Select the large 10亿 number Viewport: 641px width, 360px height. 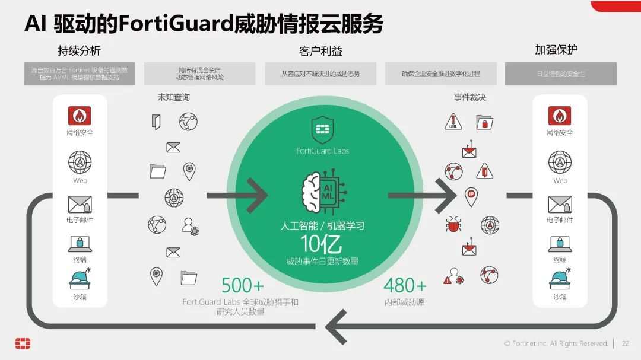tap(322, 244)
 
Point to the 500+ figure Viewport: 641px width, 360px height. tap(242, 285)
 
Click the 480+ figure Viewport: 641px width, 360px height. tap(405, 285)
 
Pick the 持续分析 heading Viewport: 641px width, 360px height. tap(79, 50)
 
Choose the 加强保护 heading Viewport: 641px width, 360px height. tap(556, 50)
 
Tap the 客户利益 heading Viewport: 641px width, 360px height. tap(320, 51)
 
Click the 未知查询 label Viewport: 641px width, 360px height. tap(173, 97)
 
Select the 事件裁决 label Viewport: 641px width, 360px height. tap(470, 97)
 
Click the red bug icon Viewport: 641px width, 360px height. tap(454, 224)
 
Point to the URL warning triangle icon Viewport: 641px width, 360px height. tap(453, 122)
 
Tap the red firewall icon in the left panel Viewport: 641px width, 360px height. tap(79, 115)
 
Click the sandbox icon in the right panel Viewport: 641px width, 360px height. tap(560, 279)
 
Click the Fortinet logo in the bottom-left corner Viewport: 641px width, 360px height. tap(23, 343)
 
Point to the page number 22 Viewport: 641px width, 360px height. tap(625, 343)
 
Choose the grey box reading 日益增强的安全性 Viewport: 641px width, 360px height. tap(560, 74)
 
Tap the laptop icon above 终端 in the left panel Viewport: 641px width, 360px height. tap(80, 244)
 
